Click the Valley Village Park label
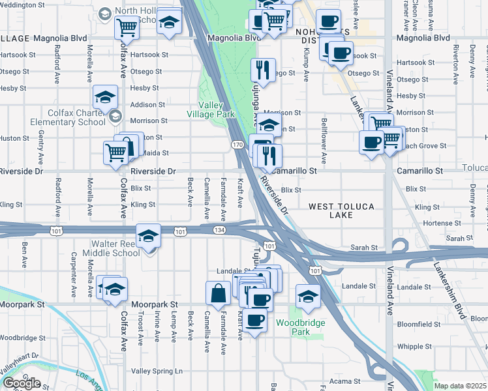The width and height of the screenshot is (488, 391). coord(216,109)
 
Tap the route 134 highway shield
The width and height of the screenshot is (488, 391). coord(220,230)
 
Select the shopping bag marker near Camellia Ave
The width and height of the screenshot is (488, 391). coord(217,293)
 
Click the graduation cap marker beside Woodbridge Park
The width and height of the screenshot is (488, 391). coord(308,297)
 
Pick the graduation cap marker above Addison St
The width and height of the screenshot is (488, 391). coord(105,97)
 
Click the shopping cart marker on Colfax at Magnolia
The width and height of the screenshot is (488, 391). coord(127,27)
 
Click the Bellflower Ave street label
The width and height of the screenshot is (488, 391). coord(323,140)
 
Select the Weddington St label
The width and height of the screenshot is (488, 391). coord(27,5)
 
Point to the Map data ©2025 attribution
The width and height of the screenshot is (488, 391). coord(461,386)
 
